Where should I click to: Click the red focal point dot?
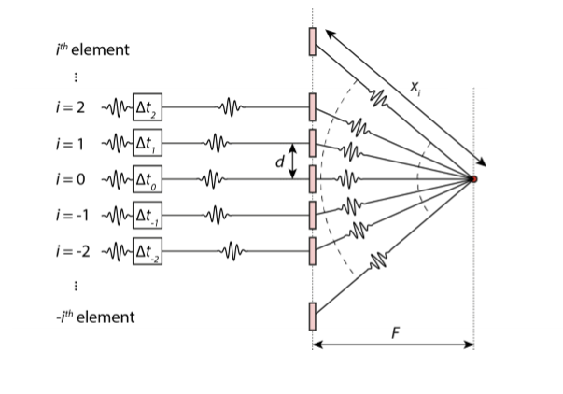[473, 178]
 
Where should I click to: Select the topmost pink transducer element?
[313, 41]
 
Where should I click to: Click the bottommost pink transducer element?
[313, 316]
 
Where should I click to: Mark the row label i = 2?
[70, 107]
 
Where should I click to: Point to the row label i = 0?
[70, 178]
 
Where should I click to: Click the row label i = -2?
[72, 249]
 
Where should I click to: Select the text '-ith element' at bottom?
[95, 317]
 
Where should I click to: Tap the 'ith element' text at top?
[92, 49]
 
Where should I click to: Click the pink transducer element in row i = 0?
[313, 178]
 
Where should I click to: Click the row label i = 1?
[70, 143]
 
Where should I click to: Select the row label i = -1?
[72, 214]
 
